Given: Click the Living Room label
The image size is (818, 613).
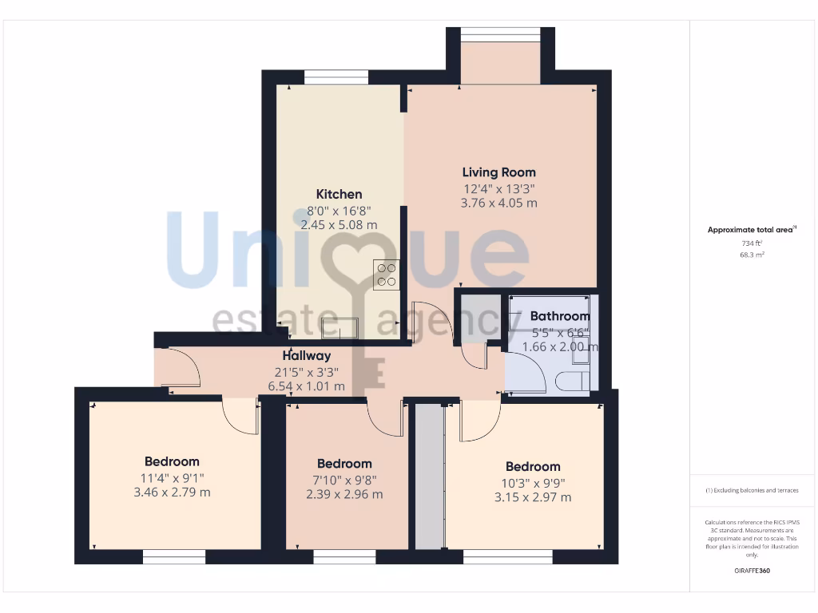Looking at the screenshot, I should point(498,172).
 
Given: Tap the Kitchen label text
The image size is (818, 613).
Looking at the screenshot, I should point(339,194).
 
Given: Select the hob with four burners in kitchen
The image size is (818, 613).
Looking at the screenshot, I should point(387,274).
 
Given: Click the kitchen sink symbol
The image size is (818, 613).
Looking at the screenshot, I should point(340,327).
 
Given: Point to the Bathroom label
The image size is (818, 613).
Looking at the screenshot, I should point(559,316).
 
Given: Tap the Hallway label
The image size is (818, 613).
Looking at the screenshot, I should point(306,356).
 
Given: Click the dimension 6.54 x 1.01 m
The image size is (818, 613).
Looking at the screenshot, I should point(306,386).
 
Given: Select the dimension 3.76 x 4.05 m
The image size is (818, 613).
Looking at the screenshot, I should point(498,203).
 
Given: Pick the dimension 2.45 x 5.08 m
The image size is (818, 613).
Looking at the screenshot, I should point(339,224).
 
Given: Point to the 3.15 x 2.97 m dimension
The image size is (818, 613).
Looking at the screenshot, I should point(532,497).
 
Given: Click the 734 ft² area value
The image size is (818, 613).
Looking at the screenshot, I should point(751,243).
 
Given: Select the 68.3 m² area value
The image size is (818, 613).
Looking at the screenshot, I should point(751,255).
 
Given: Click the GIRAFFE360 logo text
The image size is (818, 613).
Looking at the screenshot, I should point(751,571).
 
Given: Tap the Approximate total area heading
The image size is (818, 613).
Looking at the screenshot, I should point(750,230).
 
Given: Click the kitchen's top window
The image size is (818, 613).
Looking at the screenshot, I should point(336,77).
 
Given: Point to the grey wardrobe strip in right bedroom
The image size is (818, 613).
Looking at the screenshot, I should point(430,476).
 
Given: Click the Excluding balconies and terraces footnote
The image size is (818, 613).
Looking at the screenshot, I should point(751,490).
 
